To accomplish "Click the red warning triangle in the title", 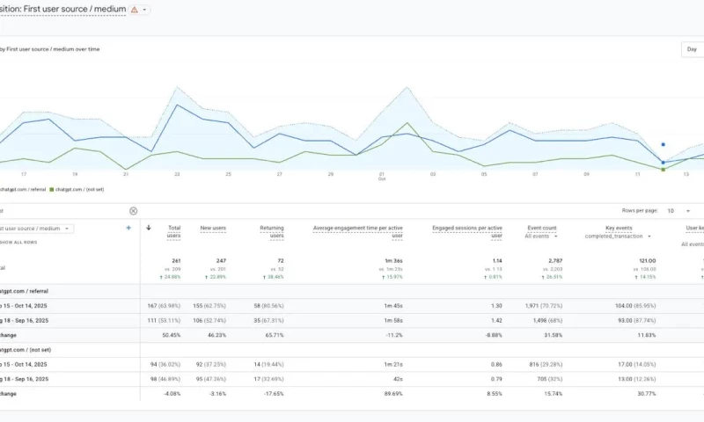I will click(134, 10).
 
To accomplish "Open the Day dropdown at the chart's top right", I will click(693, 50).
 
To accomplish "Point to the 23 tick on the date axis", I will click(177, 174).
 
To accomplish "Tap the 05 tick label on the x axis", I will click(484, 174).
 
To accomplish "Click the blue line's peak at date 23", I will click(177, 105).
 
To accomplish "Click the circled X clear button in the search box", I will click(134, 211).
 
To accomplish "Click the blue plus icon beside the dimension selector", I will click(128, 228).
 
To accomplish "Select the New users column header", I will click(213, 229).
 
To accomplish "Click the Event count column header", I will click(540, 229).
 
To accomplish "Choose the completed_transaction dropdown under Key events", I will click(619, 236).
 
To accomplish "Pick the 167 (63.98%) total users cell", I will click(164, 305).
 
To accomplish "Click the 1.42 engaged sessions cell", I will click(496, 320).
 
